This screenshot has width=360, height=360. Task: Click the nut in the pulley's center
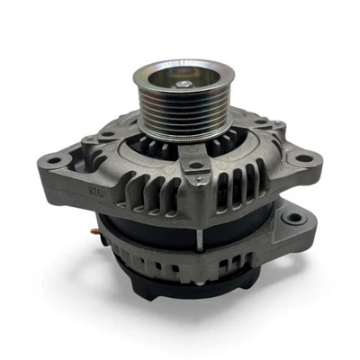coord(183,84)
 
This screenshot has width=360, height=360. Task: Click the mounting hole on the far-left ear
coord(57,161)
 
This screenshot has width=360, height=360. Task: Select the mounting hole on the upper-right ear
coord(303,158)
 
